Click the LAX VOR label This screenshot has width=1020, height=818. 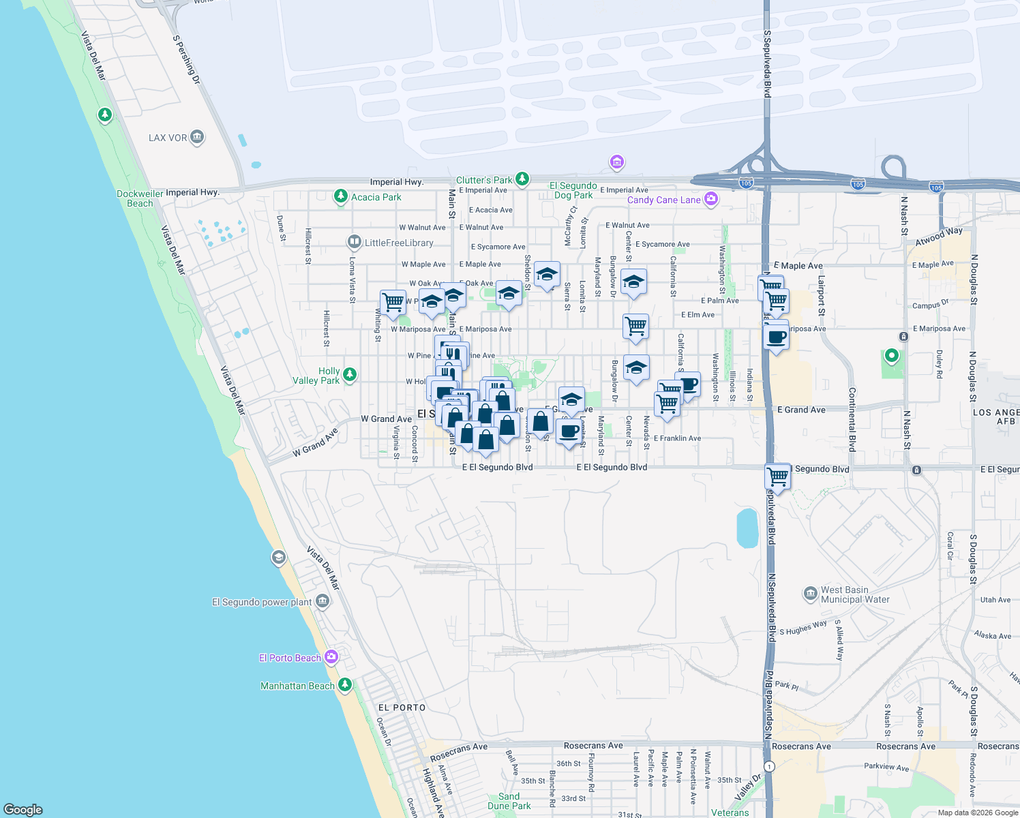(168, 138)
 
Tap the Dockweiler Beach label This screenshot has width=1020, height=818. (140, 198)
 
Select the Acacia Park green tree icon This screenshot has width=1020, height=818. (340, 197)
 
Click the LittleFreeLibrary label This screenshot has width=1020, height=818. (399, 243)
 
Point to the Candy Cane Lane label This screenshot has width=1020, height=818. (663, 200)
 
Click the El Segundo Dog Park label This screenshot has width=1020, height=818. (573, 190)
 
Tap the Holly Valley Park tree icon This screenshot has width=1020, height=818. (350, 374)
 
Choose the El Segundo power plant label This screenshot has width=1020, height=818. (262, 602)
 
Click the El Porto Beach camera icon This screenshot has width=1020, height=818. (331, 657)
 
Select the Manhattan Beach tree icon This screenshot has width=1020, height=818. (345, 684)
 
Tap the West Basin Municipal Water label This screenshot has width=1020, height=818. (855, 594)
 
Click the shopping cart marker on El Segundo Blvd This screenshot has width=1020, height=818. (777, 476)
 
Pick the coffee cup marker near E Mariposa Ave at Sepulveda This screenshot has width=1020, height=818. (776, 337)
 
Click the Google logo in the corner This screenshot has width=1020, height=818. (23, 809)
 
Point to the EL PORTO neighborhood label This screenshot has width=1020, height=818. (402, 708)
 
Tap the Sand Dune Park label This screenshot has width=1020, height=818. (509, 801)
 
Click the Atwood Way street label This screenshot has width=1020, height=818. (939, 237)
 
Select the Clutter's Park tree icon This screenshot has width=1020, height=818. (522, 179)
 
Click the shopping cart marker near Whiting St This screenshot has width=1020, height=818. (393, 302)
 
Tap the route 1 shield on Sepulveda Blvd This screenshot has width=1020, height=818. (769, 766)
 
